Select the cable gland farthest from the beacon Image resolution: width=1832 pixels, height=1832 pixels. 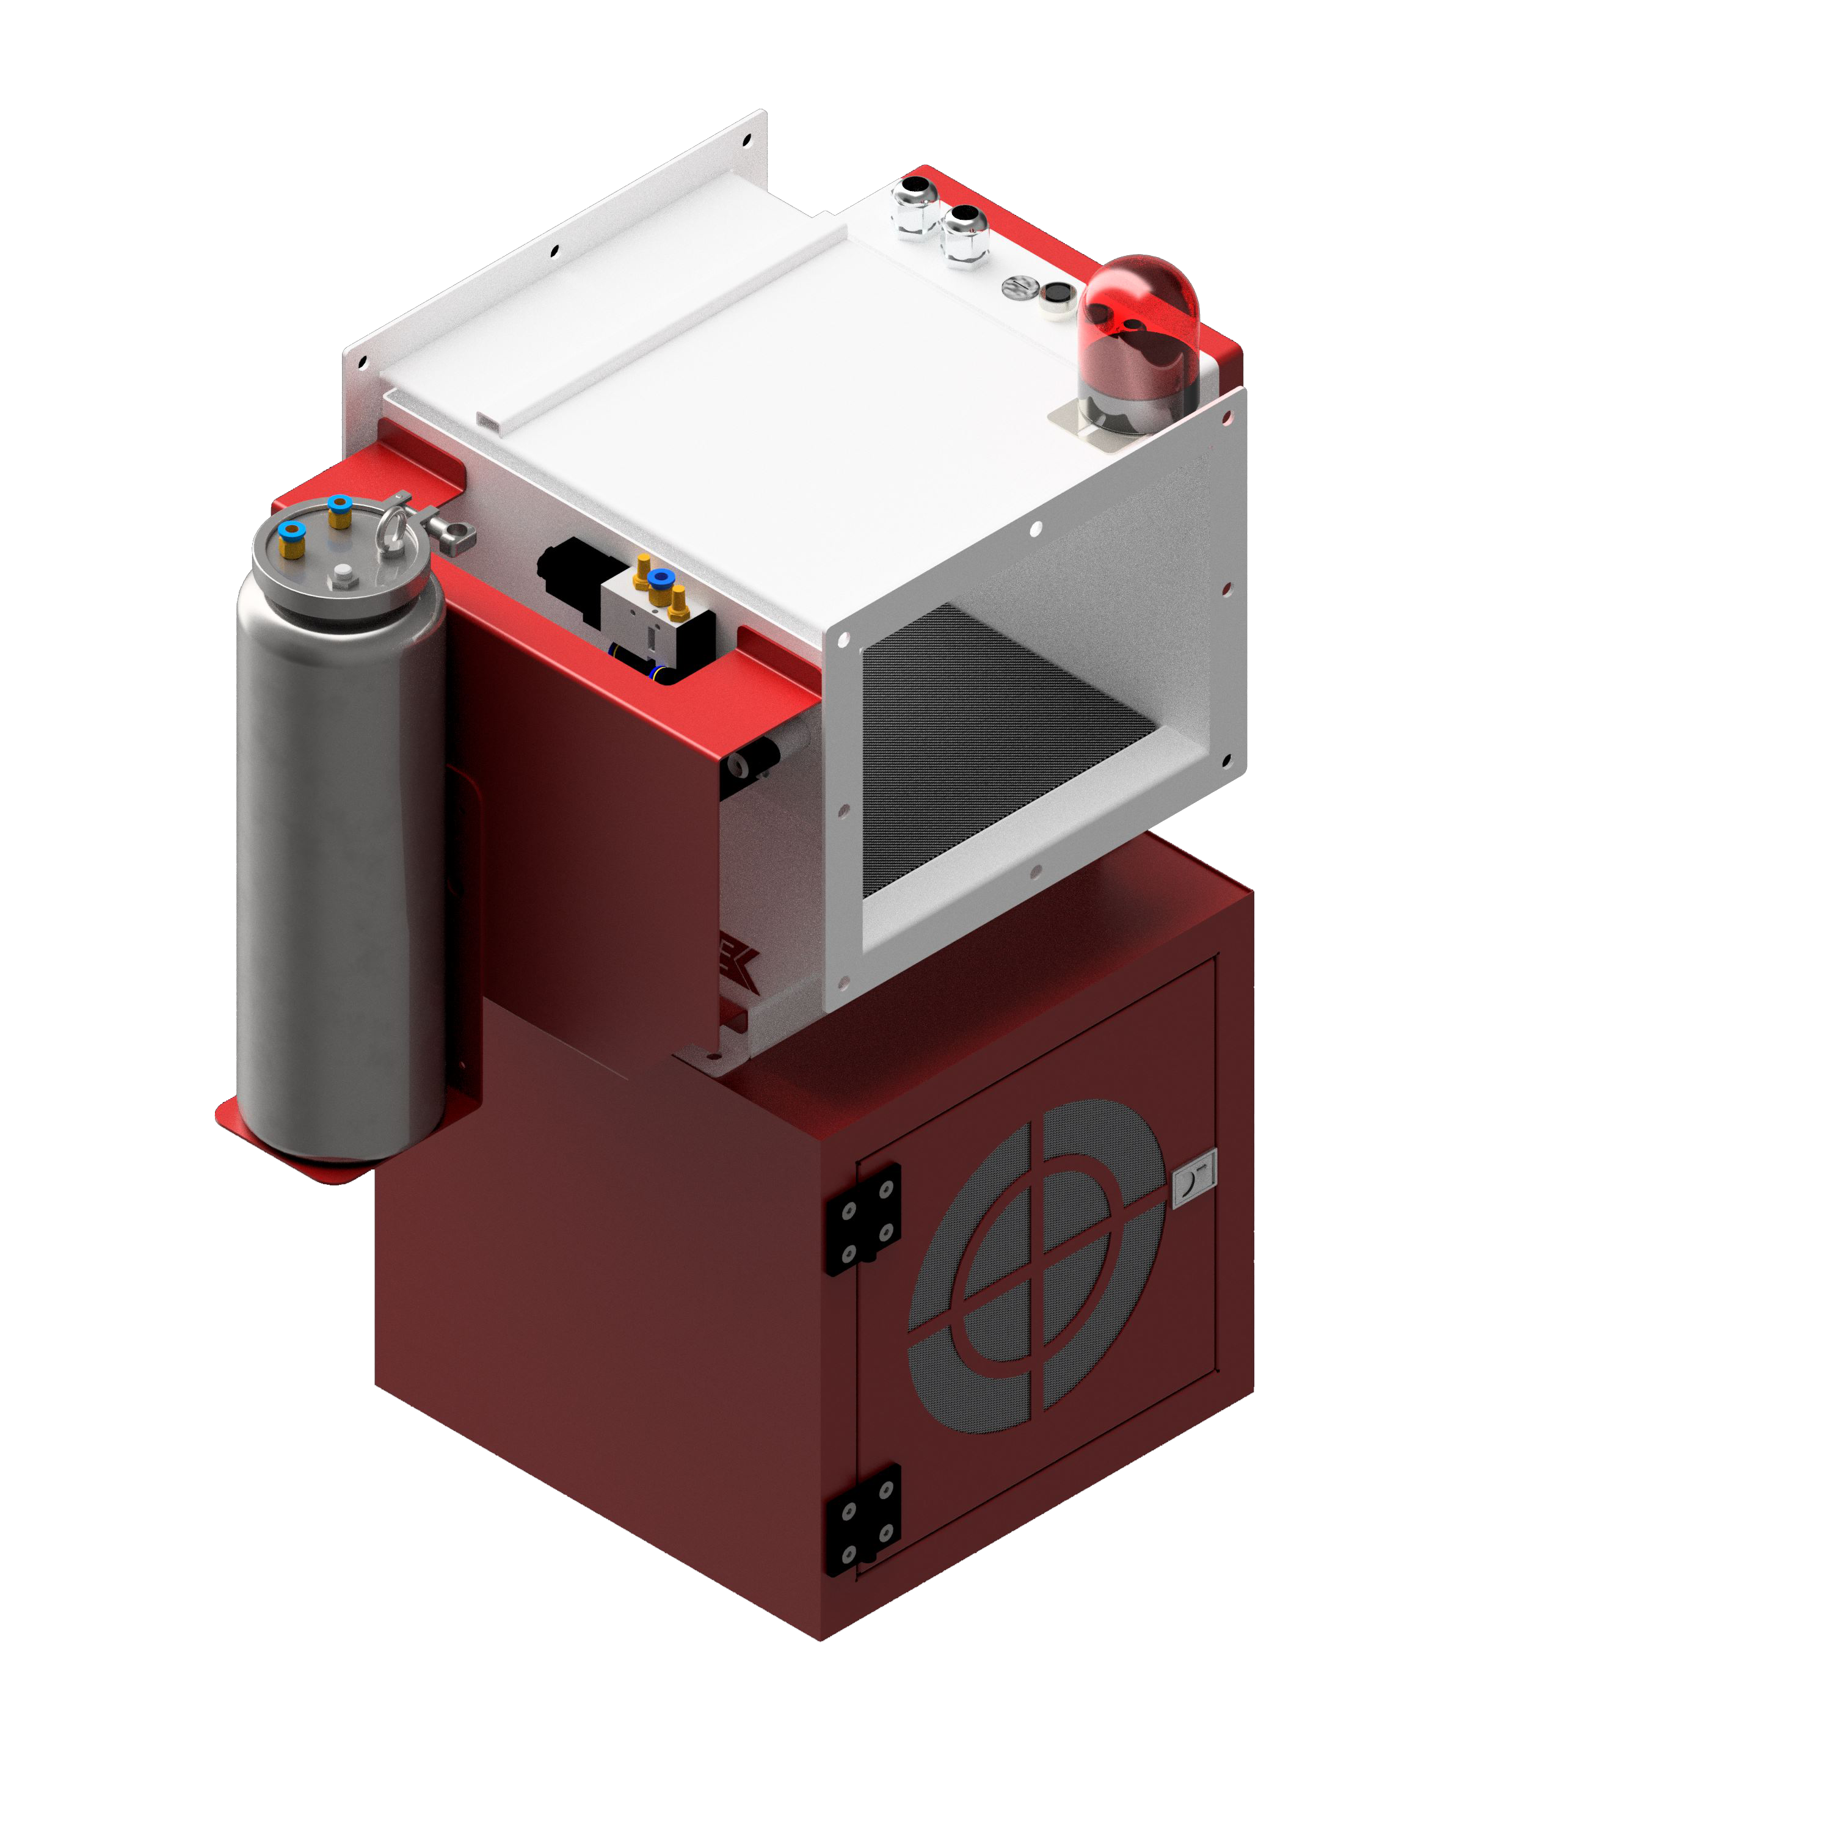(x=915, y=204)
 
